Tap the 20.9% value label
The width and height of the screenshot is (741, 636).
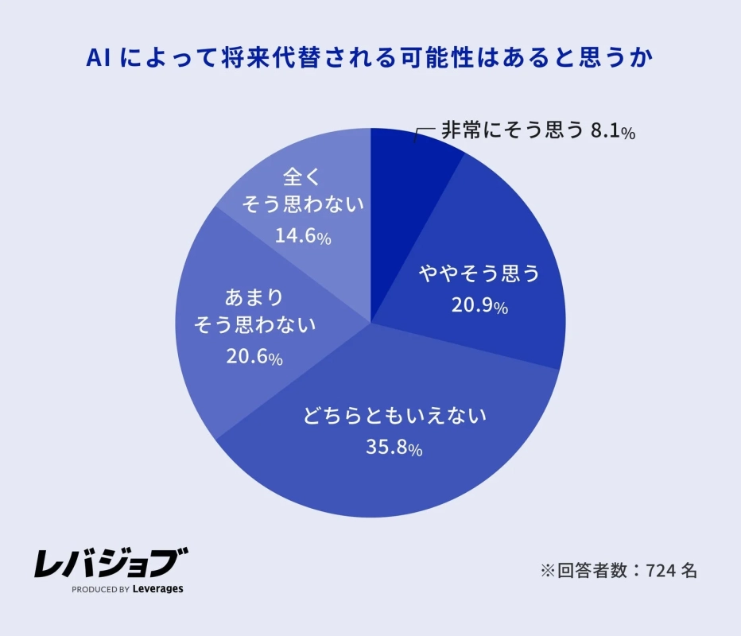coord(479,307)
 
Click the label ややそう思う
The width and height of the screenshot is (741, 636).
coord(479,275)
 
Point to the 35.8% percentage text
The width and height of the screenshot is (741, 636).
coord(393,448)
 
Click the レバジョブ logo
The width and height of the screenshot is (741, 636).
coord(111,564)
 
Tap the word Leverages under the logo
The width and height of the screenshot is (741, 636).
coord(157,590)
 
